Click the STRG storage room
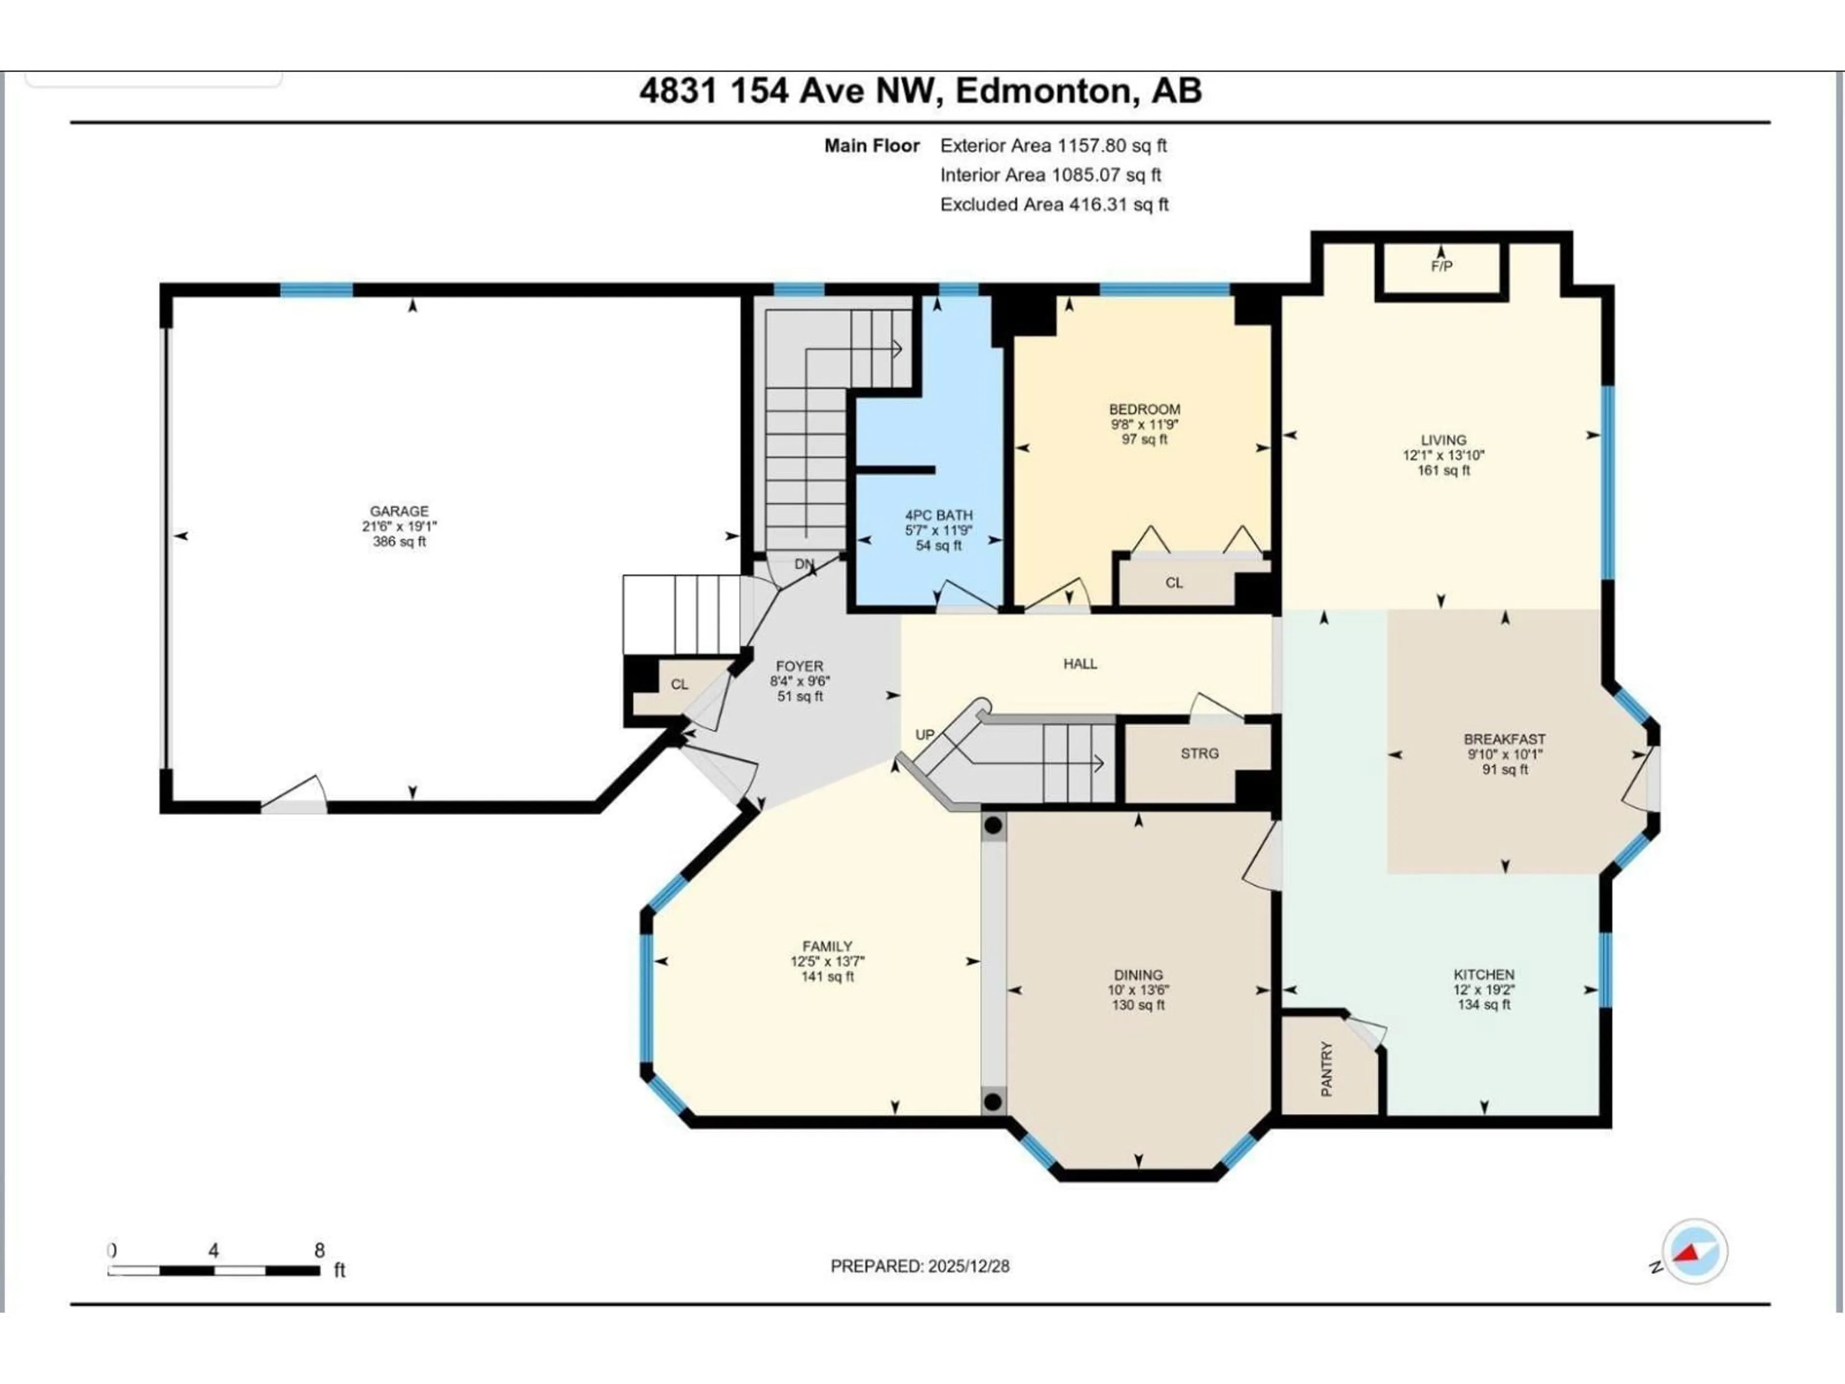tap(1199, 754)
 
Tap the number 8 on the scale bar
tap(319, 1250)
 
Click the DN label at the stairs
tap(803, 564)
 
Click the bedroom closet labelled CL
tap(1174, 583)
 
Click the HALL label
tap(1080, 664)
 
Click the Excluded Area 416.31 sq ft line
tap(1054, 204)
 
